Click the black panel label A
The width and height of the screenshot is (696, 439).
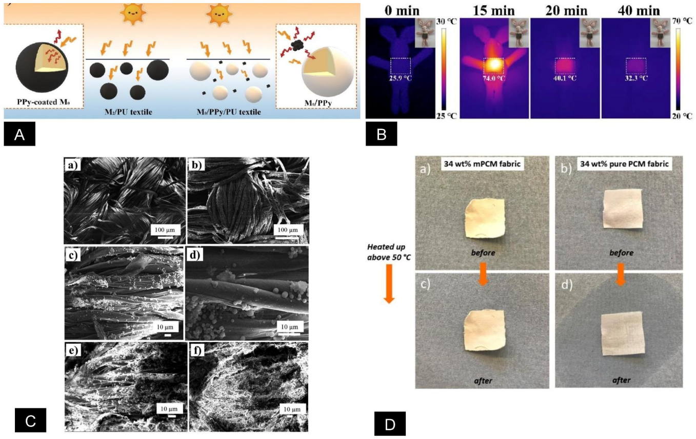click(19, 134)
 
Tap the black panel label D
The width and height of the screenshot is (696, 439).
click(390, 424)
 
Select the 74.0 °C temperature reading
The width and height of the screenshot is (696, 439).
click(494, 78)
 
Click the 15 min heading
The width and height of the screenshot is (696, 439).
click(494, 11)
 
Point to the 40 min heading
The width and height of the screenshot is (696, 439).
click(639, 11)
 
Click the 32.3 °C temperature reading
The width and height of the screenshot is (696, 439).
click(637, 78)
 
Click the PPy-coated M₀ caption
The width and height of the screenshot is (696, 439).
click(43, 102)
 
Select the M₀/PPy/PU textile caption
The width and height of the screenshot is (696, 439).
click(229, 112)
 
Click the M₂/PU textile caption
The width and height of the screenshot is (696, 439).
click(128, 112)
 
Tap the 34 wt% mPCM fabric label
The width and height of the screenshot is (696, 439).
click(482, 164)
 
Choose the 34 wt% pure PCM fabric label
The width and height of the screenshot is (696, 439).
click(625, 164)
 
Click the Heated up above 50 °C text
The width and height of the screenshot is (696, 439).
click(389, 252)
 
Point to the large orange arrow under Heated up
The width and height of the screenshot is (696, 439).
click(389, 284)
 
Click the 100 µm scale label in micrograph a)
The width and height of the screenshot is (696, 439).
click(165, 230)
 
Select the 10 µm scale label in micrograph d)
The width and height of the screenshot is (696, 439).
click(289, 327)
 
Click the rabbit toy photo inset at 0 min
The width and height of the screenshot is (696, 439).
click(425, 33)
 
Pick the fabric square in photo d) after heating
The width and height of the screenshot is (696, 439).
click(622, 333)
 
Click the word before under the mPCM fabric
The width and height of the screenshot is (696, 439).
click(483, 253)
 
